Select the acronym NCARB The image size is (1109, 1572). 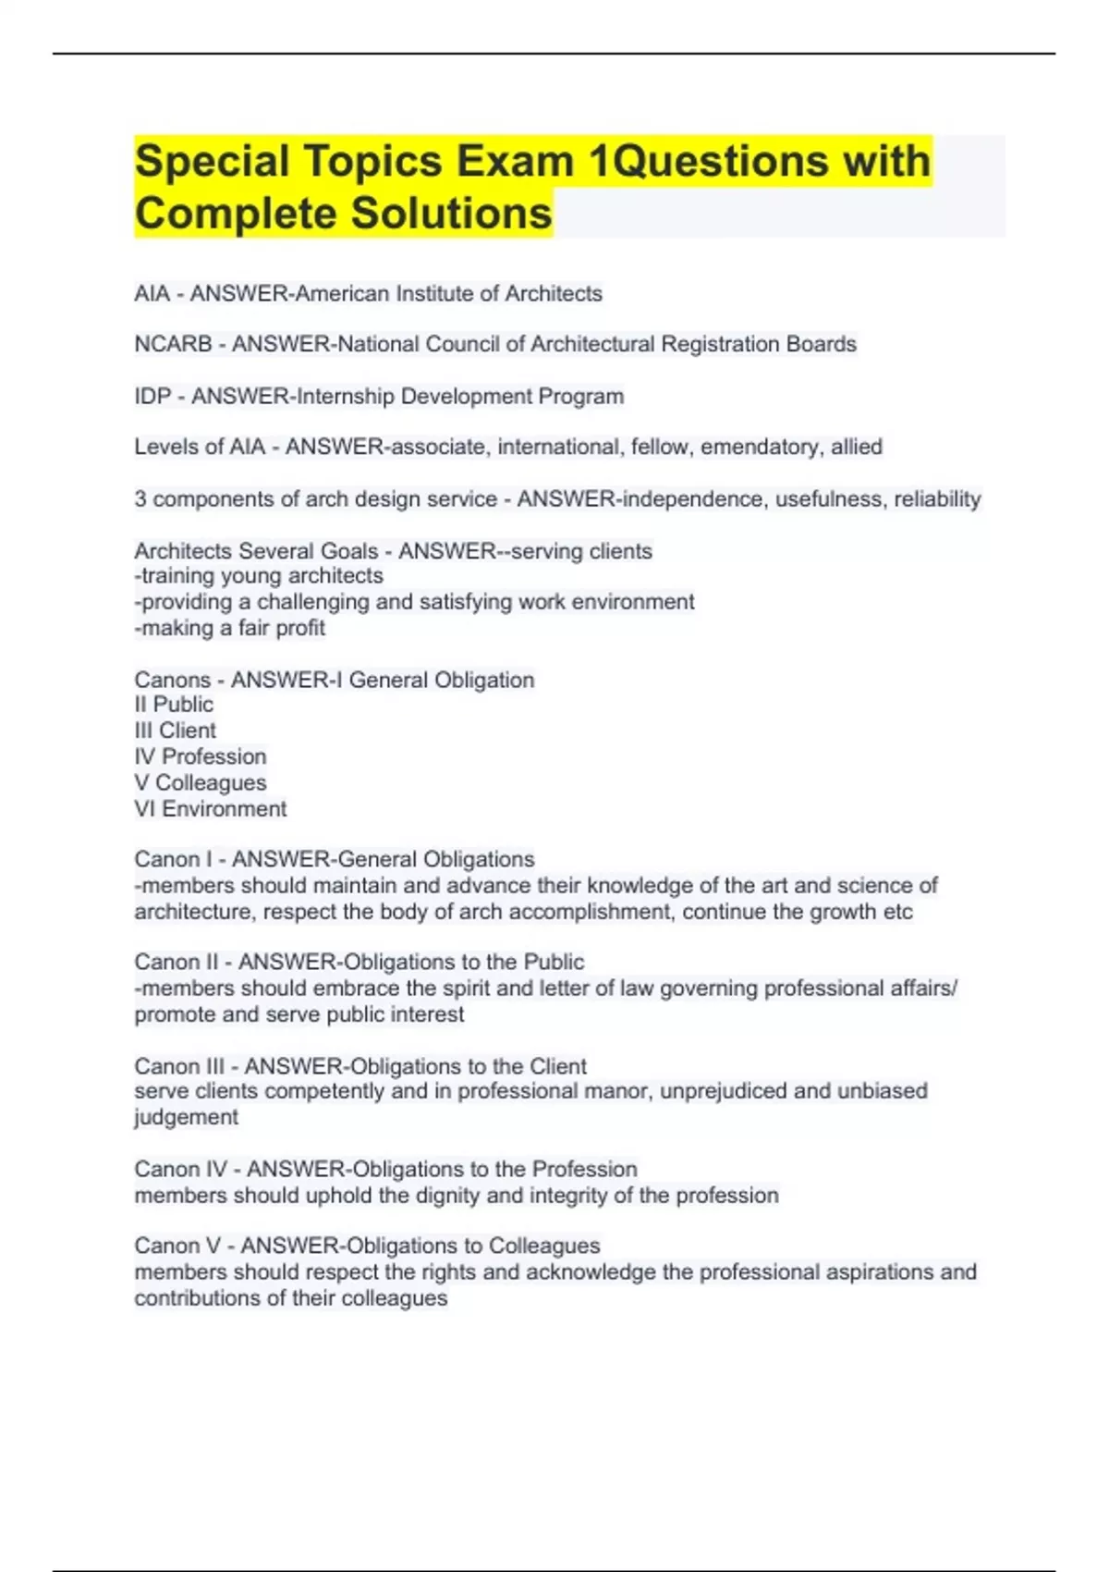(x=173, y=344)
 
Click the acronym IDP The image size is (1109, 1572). (x=152, y=396)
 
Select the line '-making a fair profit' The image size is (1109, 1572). (x=229, y=628)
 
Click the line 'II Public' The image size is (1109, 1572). (x=174, y=704)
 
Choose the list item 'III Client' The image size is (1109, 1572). (x=175, y=730)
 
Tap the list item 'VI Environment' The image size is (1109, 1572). (x=210, y=808)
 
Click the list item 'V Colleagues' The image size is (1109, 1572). (x=200, y=782)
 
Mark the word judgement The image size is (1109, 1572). (x=186, y=1117)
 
